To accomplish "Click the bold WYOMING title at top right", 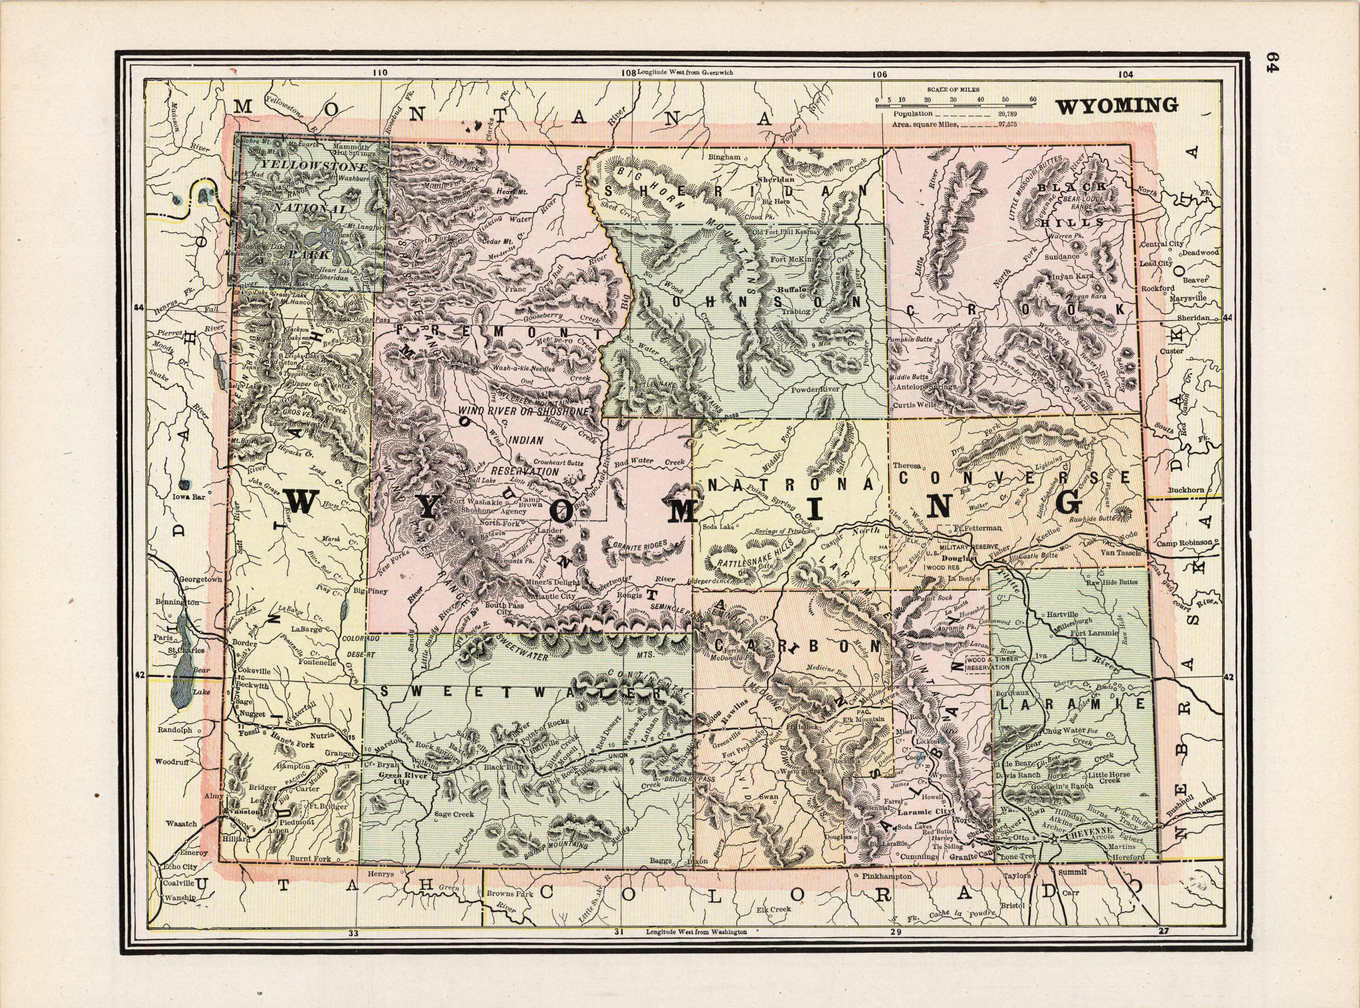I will pyautogui.click(x=1117, y=106).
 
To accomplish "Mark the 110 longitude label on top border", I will pyautogui.click(x=379, y=72).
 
